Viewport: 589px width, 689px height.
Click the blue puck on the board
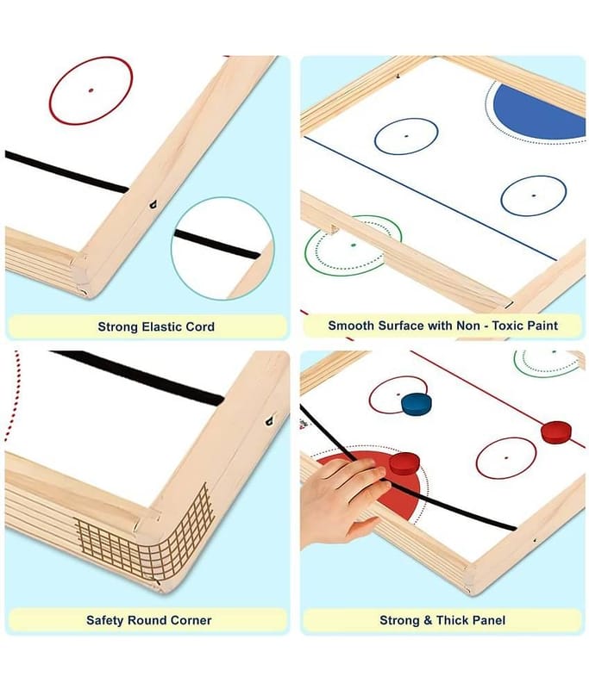[416, 404]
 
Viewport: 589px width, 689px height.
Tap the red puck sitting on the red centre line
[556, 432]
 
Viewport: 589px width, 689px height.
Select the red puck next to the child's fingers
[404, 464]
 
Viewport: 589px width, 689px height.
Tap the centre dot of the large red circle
[91, 90]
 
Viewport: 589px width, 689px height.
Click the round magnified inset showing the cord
[222, 248]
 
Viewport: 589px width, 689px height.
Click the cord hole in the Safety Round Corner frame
[270, 421]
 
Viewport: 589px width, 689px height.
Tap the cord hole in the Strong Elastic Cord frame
[154, 204]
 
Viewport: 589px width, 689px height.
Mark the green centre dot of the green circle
[354, 245]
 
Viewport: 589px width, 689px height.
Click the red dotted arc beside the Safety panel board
[12, 396]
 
